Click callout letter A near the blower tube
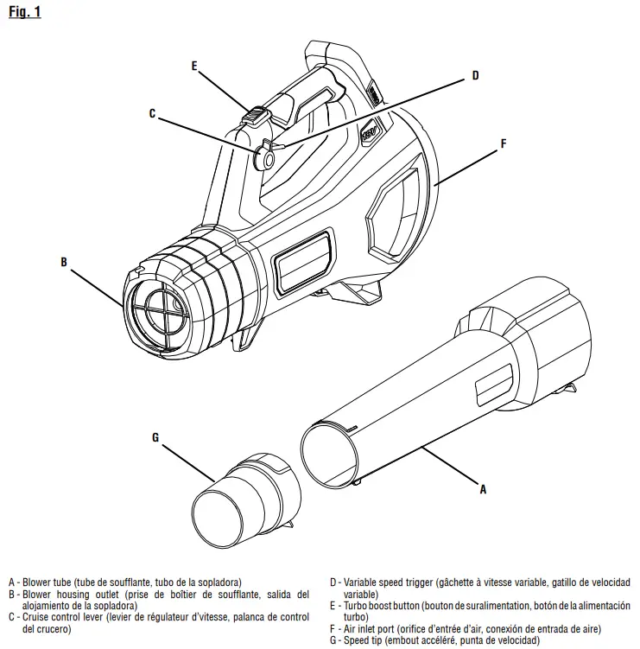(483, 489)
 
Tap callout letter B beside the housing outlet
(64, 260)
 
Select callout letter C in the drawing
(152, 113)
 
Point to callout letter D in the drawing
(475, 76)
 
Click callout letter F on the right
(504, 144)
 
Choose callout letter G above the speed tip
(155, 437)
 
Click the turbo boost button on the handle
(257, 115)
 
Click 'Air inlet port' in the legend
(371, 629)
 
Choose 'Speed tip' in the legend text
(363, 640)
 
